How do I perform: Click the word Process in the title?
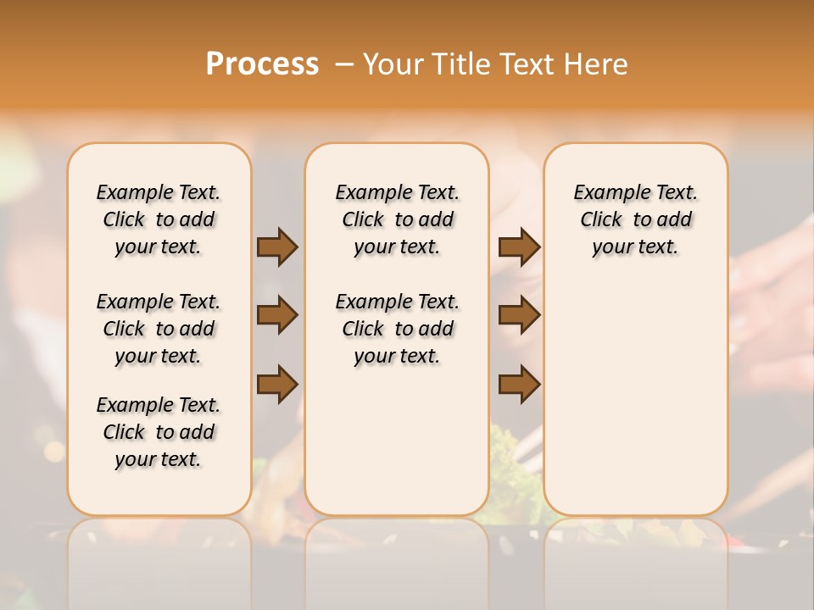[x=262, y=64]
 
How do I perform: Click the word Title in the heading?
[x=459, y=64]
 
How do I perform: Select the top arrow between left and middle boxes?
[x=277, y=247]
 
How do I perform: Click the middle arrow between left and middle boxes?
[x=277, y=315]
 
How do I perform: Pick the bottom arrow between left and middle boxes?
[x=277, y=384]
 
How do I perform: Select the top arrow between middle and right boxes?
[x=519, y=247]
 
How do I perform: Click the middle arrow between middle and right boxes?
[x=519, y=315]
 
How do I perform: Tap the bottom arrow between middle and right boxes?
[x=519, y=384]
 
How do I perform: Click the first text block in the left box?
[x=159, y=219]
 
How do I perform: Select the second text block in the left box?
[x=159, y=329]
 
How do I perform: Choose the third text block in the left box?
[x=159, y=432]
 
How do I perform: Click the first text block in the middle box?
[x=398, y=219]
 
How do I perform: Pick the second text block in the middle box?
[x=398, y=329]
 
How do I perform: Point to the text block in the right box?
[x=636, y=219]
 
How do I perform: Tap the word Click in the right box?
[x=601, y=219]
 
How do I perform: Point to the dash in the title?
[x=343, y=64]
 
